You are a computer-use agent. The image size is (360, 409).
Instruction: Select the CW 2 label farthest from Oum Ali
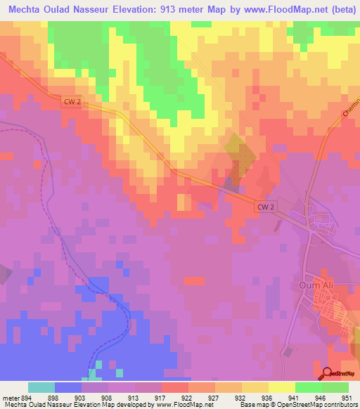pyautogui.click(x=72, y=102)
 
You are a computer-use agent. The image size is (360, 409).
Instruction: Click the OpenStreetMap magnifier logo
pyautogui.click(x=328, y=373)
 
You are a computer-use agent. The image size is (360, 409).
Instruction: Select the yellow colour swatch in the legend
pyautogui.click(x=281, y=387)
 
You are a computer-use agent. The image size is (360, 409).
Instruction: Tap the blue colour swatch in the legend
pyautogui.click(x=68, y=387)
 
